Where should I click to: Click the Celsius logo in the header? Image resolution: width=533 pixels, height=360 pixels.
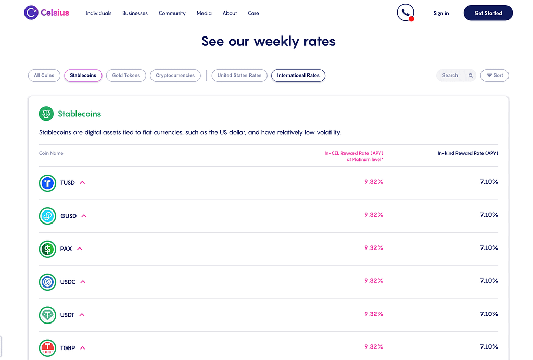coord(46,13)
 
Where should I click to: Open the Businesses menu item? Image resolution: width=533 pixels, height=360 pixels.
coord(135,13)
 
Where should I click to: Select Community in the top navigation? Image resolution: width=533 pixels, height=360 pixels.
coord(172,13)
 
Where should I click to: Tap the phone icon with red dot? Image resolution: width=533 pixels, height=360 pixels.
coord(405,13)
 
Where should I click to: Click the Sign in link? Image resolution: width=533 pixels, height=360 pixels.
coord(441,13)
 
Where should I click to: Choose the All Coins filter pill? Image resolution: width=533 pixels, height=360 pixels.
coord(44,76)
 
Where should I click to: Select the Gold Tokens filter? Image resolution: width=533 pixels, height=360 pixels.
coord(126,76)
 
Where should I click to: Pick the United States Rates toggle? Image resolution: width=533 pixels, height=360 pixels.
coord(239,76)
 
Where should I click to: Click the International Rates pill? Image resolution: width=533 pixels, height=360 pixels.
coord(298,76)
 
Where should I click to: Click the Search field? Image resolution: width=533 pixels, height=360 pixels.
coord(456,76)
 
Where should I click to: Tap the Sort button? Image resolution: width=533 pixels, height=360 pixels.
coord(494,76)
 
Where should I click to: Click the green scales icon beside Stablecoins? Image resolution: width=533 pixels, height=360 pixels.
coord(46,114)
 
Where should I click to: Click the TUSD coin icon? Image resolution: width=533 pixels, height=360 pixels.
coord(47,183)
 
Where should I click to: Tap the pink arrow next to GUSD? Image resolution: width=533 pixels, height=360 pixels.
coord(84,216)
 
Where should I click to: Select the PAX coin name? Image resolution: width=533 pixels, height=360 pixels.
coord(66,249)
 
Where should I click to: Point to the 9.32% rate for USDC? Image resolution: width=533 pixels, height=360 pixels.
coord(374,281)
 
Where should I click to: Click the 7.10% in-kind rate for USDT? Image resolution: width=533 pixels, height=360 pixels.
coord(489,314)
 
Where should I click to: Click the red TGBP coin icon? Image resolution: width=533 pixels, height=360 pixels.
coord(47,348)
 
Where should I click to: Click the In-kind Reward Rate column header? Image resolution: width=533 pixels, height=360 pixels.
coord(468,153)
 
